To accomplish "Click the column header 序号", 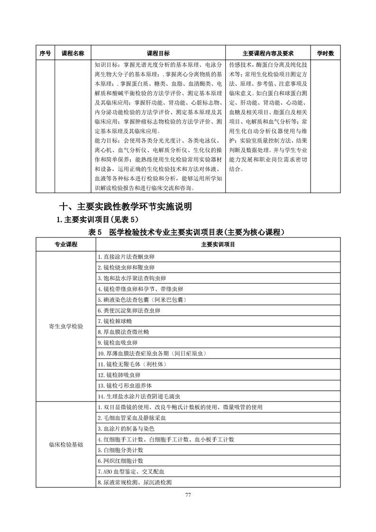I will click(x=45, y=54).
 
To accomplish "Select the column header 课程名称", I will click(x=73, y=54).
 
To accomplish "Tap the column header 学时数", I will click(x=325, y=54).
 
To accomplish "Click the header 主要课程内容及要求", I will click(x=268, y=54).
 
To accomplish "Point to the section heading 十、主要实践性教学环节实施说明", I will click(x=126, y=207).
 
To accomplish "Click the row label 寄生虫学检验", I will click(x=65, y=327).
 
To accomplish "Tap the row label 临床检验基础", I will click(x=65, y=444).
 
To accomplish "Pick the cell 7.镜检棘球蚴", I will click(x=116, y=321).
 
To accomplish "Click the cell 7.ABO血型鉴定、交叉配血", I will click(x=130, y=472).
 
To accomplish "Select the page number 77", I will click(x=188, y=495).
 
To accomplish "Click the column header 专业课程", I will click(x=65, y=245).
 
